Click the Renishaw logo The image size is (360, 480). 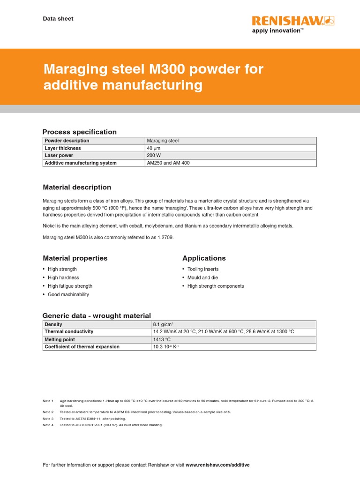[x=293, y=21]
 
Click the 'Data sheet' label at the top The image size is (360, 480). [x=58, y=19]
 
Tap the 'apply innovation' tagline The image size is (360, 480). [x=278, y=30]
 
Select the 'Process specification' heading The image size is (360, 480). [x=80, y=132]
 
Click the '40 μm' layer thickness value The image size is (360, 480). [x=154, y=148]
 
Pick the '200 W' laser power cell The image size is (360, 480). [x=154, y=156]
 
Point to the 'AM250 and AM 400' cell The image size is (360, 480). [x=168, y=163]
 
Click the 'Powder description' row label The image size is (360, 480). [x=67, y=141]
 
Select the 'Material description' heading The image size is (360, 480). [x=77, y=187]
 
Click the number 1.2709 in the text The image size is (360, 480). [x=164, y=238]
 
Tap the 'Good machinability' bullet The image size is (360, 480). [x=68, y=294]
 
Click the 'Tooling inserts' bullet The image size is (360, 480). [x=203, y=269]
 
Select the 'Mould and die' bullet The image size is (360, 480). [x=202, y=277]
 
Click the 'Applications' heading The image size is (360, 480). [x=204, y=258]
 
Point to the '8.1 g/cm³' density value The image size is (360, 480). [x=163, y=324]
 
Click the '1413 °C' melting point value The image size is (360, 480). [x=161, y=339]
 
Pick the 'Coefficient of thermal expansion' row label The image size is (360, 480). [x=82, y=347]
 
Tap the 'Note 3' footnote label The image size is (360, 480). [x=48, y=419]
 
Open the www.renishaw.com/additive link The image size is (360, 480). [x=217, y=465]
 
